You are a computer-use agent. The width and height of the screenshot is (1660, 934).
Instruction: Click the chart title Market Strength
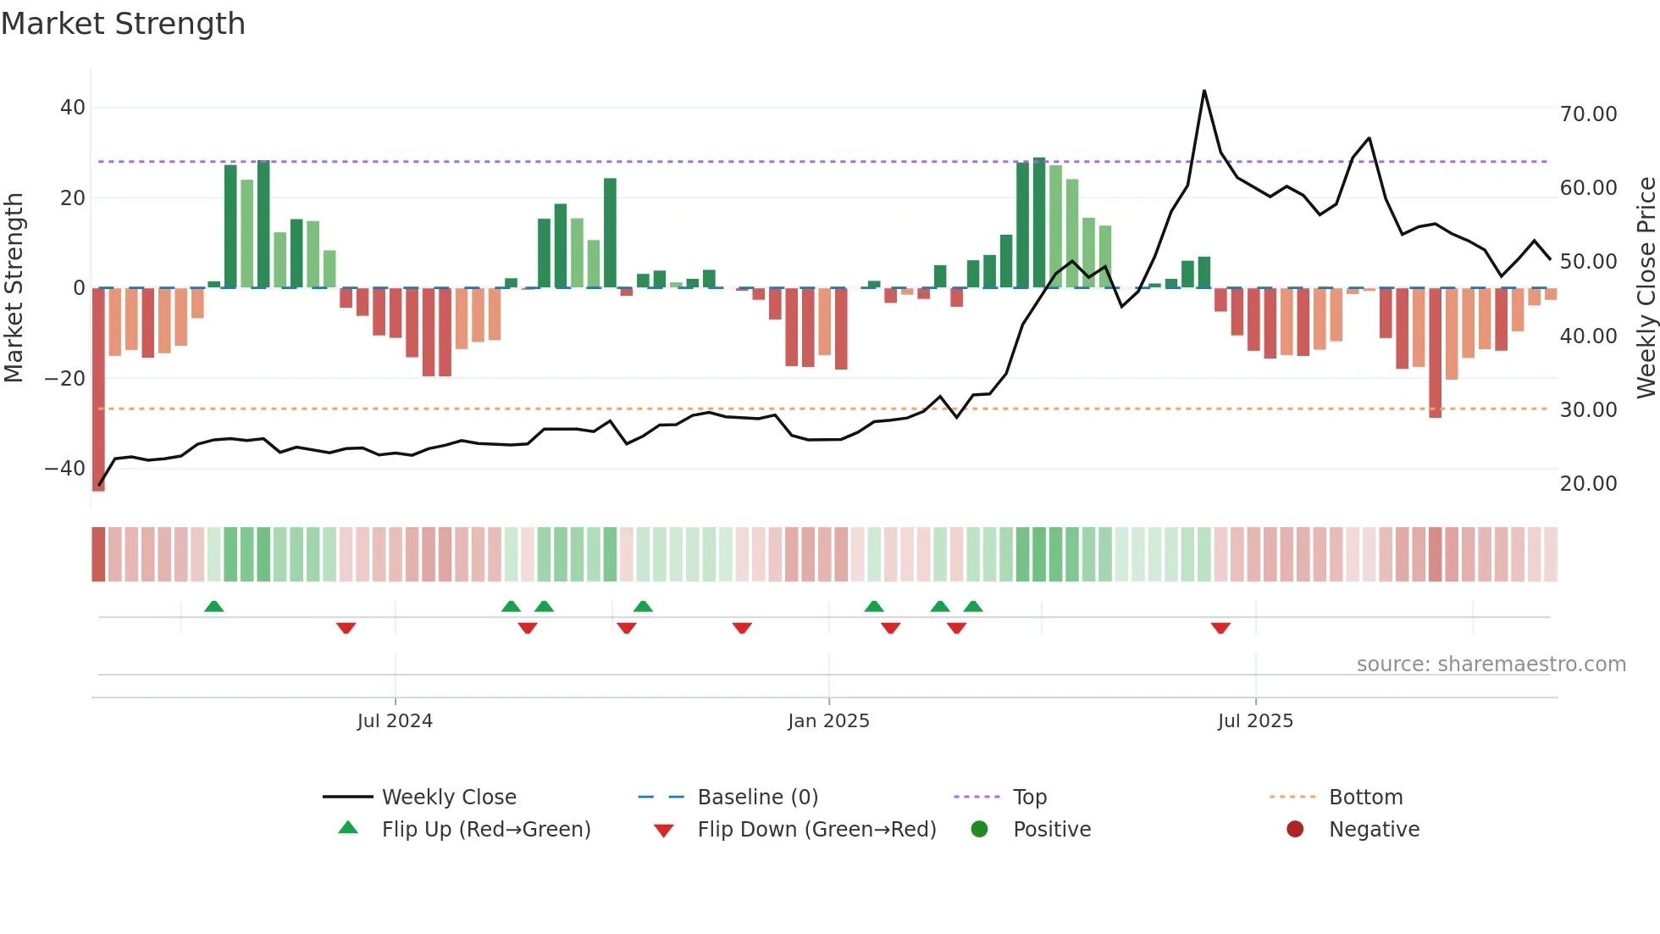click(x=123, y=24)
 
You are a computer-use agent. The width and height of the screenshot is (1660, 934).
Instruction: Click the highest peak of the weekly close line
click(x=1203, y=92)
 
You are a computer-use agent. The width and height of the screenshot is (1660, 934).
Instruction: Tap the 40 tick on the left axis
click(x=72, y=108)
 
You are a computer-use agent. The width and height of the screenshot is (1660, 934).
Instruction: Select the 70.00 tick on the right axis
click(x=1588, y=114)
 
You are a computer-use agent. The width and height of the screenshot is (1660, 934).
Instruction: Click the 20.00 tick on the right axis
click(x=1588, y=484)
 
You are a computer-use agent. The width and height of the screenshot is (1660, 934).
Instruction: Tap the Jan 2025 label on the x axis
click(x=828, y=721)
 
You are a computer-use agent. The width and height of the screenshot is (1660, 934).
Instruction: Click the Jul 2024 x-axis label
click(x=395, y=721)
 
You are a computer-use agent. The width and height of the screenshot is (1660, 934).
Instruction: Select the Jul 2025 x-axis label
click(x=1255, y=721)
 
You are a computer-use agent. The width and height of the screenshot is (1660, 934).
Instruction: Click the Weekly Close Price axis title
click(x=1646, y=288)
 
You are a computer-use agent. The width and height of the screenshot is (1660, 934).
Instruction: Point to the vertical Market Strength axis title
click(x=14, y=288)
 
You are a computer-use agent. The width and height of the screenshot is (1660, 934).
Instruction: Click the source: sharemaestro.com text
click(x=1491, y=664)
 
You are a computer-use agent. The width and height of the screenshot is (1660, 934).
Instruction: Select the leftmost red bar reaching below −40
click(x=98, y=390)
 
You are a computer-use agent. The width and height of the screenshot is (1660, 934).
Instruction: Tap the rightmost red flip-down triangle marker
click(x=1220, y=628)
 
